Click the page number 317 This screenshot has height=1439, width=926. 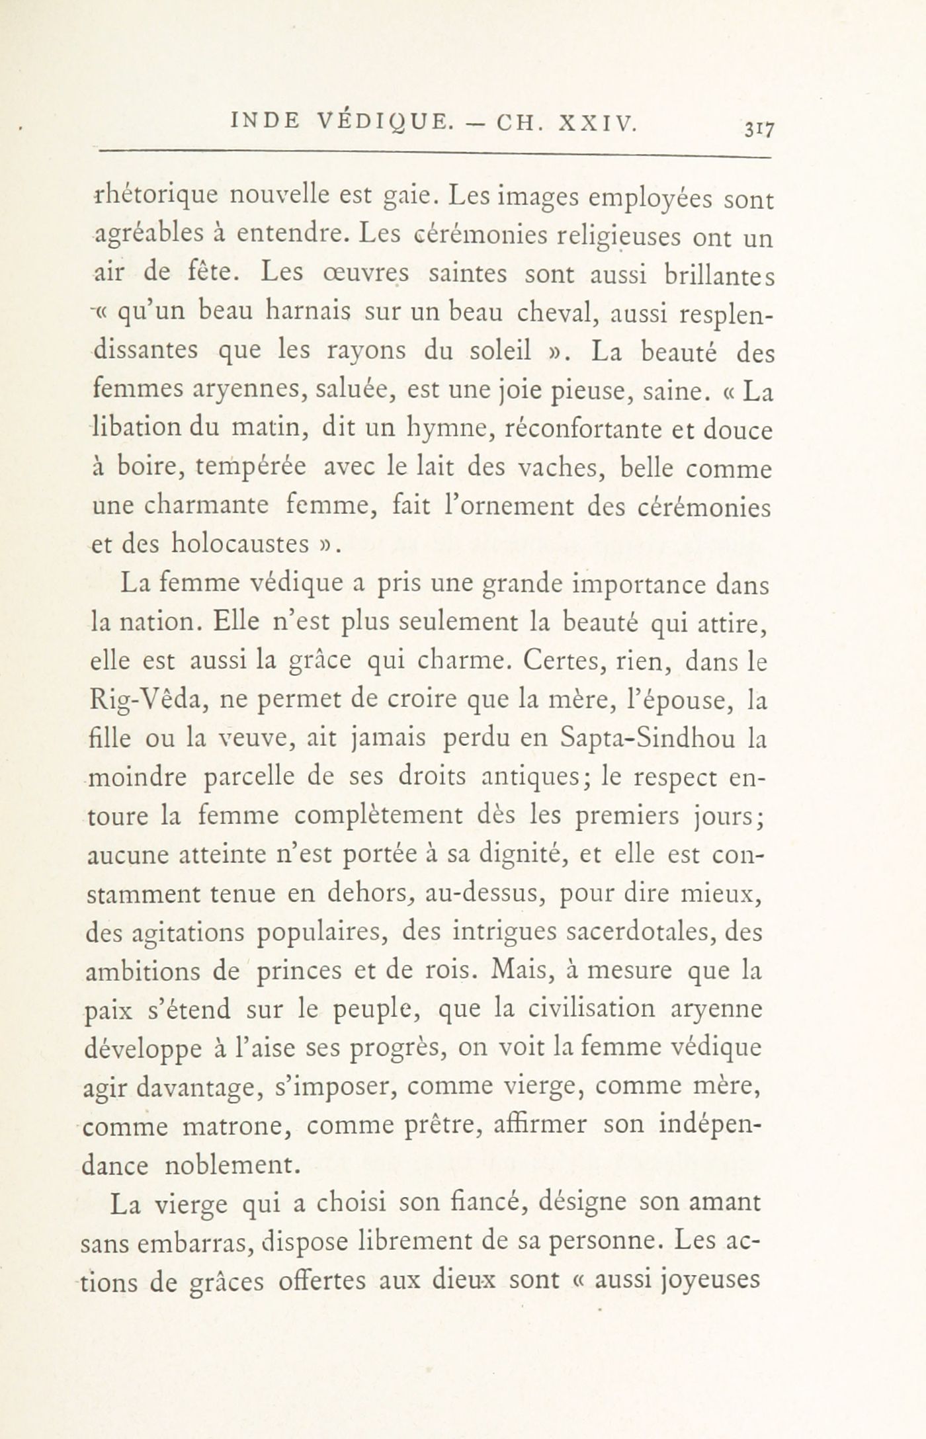click(756, 128)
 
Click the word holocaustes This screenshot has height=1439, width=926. click(242, 544)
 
